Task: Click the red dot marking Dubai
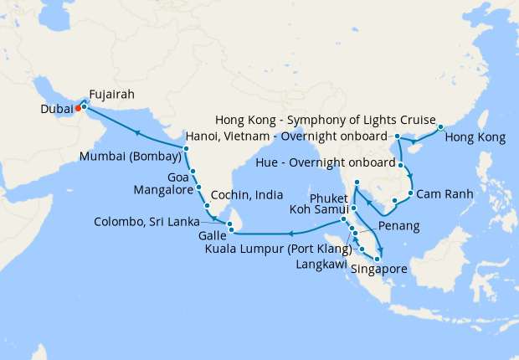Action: (78, 107)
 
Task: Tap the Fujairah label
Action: (112, 95)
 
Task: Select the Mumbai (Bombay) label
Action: (130, 157)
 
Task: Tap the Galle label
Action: (212, 236)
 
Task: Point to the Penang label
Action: (398, 227)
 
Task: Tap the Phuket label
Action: (328, 198)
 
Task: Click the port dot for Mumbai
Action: (186, 148)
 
